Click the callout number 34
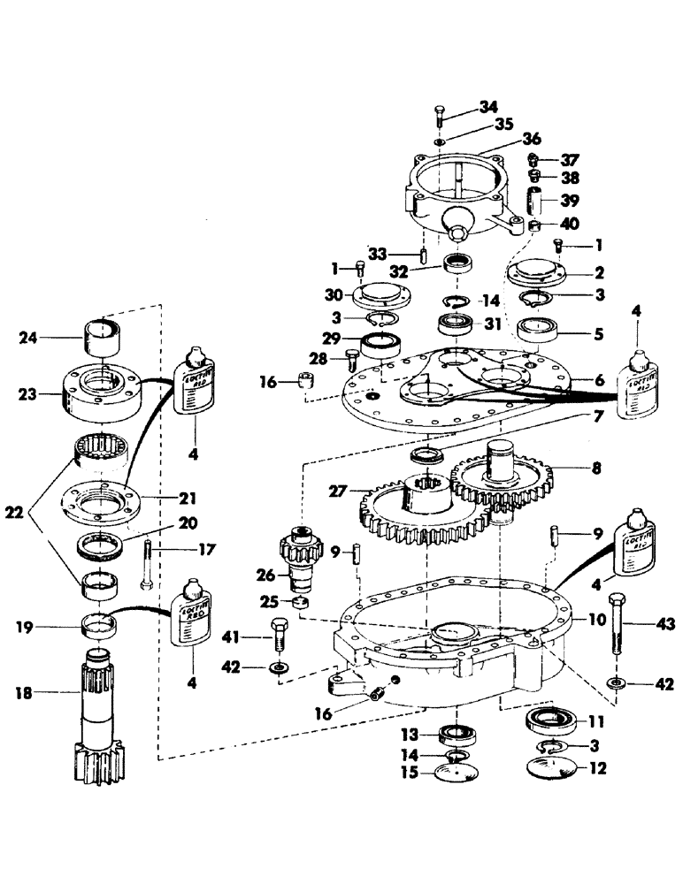pyautogui.click(x=489, y=108)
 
